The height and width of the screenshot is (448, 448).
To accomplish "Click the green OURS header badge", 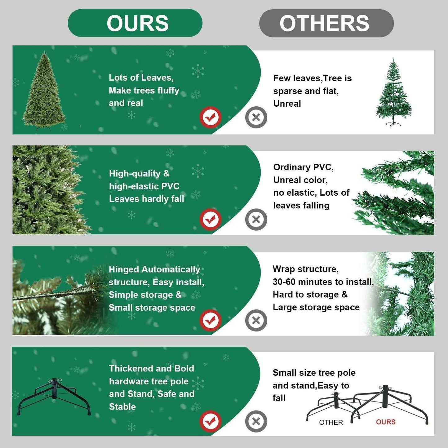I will tap(135, 23).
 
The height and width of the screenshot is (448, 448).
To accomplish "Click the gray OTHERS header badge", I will tap(326, 23).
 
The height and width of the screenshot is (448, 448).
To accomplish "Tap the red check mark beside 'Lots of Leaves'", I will tap(210, 117).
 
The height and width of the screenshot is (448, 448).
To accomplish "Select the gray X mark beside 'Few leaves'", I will tap(256, 117).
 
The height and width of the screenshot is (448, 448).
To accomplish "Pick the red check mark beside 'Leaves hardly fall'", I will tap(210, 220).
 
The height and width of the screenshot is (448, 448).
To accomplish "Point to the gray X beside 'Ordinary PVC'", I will tap(256, 220).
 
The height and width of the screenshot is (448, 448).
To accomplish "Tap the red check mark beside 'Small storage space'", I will tap(210, 320).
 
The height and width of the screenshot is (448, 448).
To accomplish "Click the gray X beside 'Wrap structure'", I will tap(256, 320).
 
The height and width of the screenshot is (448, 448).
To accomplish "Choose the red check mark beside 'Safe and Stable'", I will tap(210, 421).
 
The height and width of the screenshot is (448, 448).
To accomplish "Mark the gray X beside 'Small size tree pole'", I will tap(256, 421).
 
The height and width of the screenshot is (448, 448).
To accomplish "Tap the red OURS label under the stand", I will tap(386, 422).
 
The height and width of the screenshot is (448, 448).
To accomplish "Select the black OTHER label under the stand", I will tap(331, 422).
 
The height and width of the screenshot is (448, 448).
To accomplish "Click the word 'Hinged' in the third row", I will tap(124, 269).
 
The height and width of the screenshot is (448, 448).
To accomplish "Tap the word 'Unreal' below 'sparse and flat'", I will tap(287, 104).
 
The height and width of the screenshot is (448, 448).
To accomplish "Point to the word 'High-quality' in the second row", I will tap(135, 173).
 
